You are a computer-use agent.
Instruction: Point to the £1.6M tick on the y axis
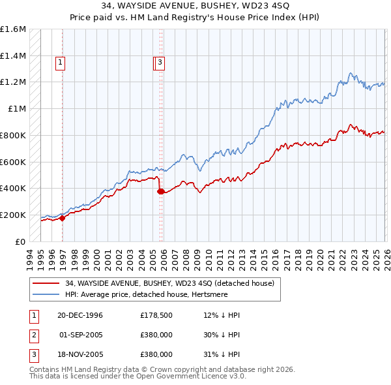pos(13,29)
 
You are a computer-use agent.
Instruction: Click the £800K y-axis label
pos(13,135)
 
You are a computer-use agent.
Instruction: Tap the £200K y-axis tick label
pos(13,215)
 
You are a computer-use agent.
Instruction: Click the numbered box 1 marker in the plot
pos(61,63)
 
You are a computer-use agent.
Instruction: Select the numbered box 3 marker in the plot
pos(160,63)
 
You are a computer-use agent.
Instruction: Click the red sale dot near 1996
pos(63,219)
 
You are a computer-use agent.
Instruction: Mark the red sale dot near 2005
pos(160,191)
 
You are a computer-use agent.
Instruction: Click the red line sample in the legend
pos(46,283)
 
